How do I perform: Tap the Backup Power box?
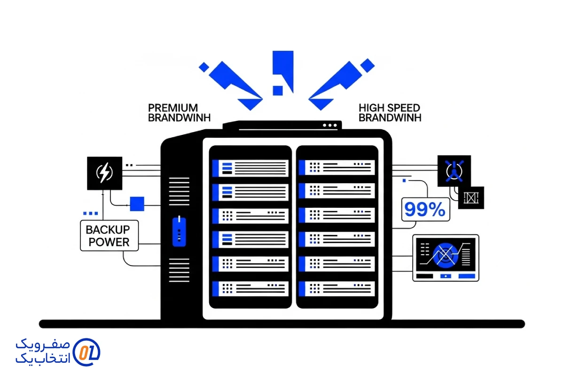click(110, 235)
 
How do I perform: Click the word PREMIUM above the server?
click(173, 108)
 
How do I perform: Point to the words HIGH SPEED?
click(389, 108)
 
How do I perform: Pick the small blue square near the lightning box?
click(137, 204)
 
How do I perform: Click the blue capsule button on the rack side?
click(179, 231)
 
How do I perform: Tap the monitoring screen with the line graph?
click(446, 258)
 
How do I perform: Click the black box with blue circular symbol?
click(454, 170)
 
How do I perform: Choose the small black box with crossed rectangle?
click(471, 198)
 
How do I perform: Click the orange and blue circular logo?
click(87, 352)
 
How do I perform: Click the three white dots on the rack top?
click(330, 125)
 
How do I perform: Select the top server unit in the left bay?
click(250, 168)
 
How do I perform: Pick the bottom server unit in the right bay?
click(337, 288)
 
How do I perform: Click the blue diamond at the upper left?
click(204, 67)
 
